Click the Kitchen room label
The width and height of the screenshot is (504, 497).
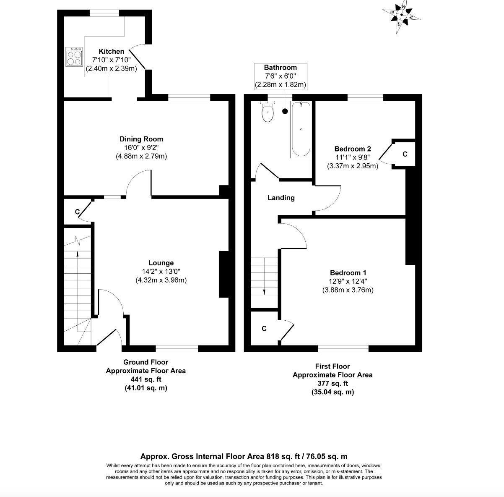(111, 51)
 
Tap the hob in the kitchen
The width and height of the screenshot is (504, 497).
(74, 57)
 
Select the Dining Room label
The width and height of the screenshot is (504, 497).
(141, 139)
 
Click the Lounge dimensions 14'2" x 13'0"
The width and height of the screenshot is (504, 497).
(161, 271)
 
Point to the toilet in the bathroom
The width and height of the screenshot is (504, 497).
(268, 112)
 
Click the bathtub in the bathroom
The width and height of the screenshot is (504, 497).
(301, 129)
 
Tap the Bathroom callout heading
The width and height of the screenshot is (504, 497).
(281, 68)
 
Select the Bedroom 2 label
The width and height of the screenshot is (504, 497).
(353, 149)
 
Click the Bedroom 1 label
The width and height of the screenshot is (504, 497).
(348, 273)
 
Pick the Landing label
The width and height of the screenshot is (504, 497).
(281, 198)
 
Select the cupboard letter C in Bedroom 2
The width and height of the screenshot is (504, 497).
(405, 154)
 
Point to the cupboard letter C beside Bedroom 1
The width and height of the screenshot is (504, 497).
(264, 328)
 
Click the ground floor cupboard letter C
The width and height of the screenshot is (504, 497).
(77, 212)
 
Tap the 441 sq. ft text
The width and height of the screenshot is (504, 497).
(146, 379)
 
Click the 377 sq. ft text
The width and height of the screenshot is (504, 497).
(333, 383)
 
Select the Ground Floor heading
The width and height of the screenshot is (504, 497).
(145, 362)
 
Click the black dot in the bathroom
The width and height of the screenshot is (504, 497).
(285, 111)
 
